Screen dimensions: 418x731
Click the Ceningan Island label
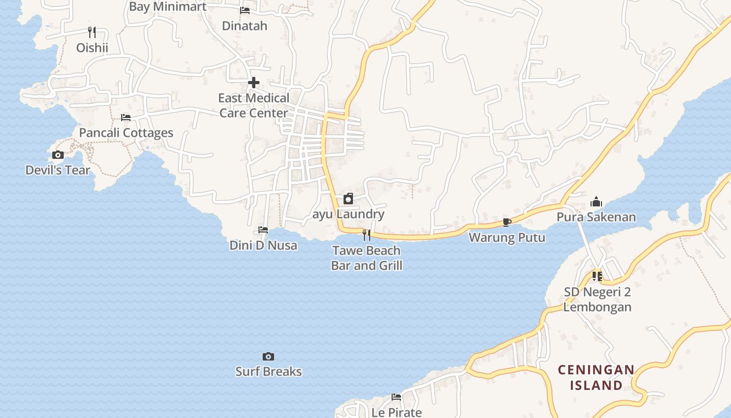[596, 378]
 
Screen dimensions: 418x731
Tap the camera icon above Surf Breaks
[268, 357]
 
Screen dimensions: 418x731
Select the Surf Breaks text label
[268, 371]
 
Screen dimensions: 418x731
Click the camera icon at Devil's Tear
[58, 155]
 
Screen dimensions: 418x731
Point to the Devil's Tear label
[57, 170]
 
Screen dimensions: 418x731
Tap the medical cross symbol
[254, 83]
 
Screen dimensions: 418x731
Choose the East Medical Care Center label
[254, 106]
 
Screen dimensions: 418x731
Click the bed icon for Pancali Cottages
[126, 118]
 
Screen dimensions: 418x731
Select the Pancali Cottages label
[126, 133]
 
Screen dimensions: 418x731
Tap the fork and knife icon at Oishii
[92, 32]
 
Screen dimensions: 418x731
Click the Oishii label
[92, 48]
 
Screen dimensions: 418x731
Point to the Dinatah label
[244, 26]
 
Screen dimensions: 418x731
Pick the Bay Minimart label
[168, 7]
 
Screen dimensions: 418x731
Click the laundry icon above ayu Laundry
[348, 199]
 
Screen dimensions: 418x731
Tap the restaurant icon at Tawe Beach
[367, 235]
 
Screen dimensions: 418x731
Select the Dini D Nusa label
[263, 245]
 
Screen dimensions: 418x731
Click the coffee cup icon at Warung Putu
[506, 222]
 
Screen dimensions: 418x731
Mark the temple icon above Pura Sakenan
[596, 202]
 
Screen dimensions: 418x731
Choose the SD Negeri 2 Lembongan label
[597, 299]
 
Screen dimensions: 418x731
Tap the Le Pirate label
[396, 412]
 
